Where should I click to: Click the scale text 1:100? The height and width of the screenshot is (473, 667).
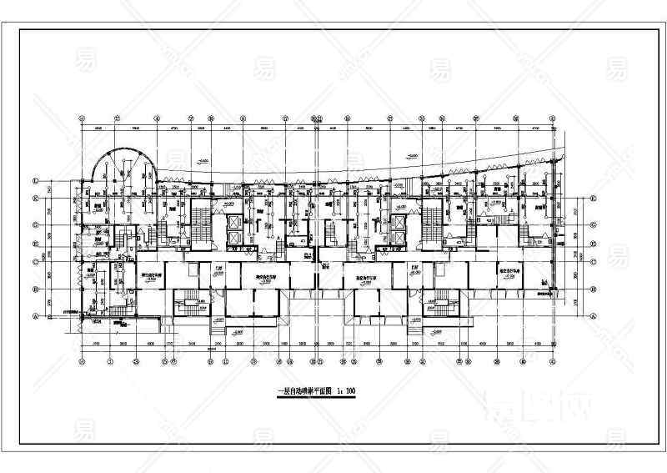[x=344, y=390]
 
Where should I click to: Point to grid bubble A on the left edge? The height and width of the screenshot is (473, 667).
[x=35, y=316]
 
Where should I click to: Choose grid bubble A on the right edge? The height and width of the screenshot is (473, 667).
[x=592, y=316]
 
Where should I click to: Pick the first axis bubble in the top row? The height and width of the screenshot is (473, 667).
[x=82, y=118]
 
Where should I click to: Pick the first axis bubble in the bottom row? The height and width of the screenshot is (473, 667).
[x=82, y=361]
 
